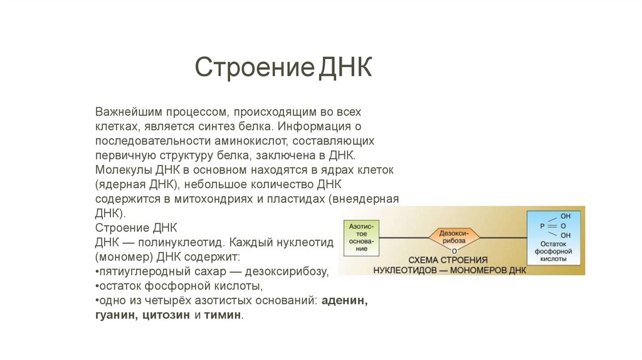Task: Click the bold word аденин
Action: [x=345, y=301]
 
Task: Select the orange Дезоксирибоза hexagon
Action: [x=454, y=236]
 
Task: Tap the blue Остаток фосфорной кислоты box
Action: [x=552, y=238]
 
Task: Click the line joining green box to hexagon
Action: [x=404, y=237]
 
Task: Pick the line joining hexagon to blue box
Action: [x=503, y=236]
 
